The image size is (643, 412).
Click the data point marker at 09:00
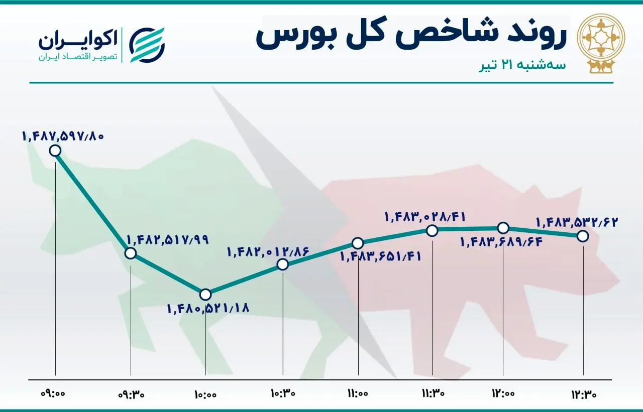(x=55, y=151)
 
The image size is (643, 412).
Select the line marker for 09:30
(x=131, y=253)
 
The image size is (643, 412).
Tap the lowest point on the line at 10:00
(x=205, y=294)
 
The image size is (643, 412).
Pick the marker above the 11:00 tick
(x=358, y=243)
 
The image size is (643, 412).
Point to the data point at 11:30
(x=432, y=230)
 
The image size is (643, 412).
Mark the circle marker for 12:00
(x=503, y=228)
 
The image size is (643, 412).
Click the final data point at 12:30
(x=583, y=235)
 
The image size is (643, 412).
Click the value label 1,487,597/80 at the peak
(x=63, y=135)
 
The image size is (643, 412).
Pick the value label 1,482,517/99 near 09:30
(x=168, y=239)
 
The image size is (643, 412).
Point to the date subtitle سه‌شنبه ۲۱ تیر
(x=522, y=65)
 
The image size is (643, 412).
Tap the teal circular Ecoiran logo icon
(x=147, y=45)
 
